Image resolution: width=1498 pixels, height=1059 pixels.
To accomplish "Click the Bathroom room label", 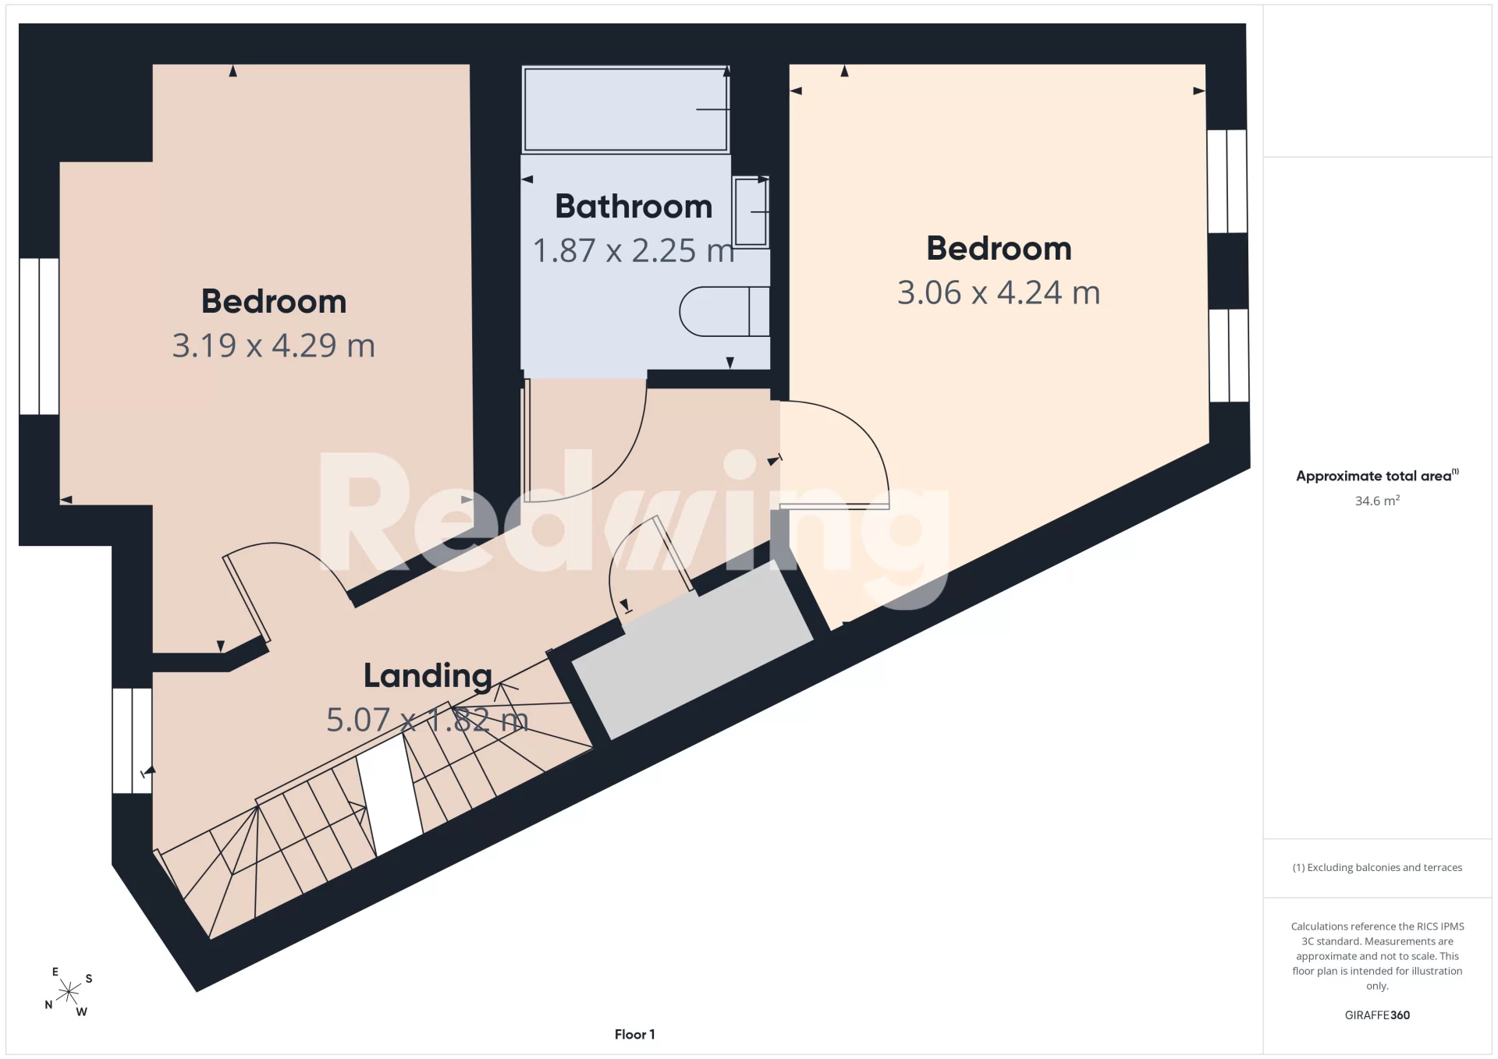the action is [x=634, y=207].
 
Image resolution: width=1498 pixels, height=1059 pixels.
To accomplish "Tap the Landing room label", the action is [x=428, y=676].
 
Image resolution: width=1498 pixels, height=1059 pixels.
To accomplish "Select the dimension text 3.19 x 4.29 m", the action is [x=274, y=345].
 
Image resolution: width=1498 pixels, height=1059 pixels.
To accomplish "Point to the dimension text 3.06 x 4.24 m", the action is [x=999, y=293].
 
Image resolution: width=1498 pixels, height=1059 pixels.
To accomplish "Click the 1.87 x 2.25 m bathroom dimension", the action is [x=634, y=250].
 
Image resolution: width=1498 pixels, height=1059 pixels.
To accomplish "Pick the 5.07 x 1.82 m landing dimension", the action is [x=428, y=720].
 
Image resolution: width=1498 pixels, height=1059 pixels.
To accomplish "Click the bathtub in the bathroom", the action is [x=626, y=109].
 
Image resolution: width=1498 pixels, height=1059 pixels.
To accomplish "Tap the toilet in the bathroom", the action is [x=725, y=311].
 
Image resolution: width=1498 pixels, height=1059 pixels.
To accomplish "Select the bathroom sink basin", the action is [x=751, y=211].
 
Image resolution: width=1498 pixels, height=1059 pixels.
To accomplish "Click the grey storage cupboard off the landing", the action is [x=693, y=650].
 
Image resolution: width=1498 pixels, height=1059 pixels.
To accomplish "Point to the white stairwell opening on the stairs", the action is [x=389, y=794].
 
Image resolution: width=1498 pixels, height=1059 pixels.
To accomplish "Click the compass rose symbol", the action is [x=69, y=992].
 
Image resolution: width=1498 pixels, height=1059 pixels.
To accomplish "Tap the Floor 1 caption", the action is [x=634, y=1034].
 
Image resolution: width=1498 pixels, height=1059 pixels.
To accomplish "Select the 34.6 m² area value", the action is [x=1377, y=501].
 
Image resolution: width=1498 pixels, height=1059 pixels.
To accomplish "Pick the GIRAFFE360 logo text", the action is [x=1377, y=1015].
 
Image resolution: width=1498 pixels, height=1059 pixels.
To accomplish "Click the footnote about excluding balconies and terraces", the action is [x=1377, y=867].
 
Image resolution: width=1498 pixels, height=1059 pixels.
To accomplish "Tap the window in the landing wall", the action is [x=132, y=741].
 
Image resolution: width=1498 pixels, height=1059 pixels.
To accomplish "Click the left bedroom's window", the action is [x=39, y=336].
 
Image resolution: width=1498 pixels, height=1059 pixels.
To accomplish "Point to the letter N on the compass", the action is [x=48, y=1005].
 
